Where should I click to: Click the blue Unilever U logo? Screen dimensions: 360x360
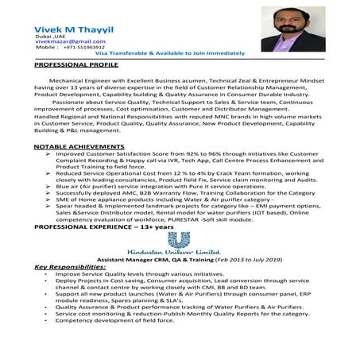tap(184, 238)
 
